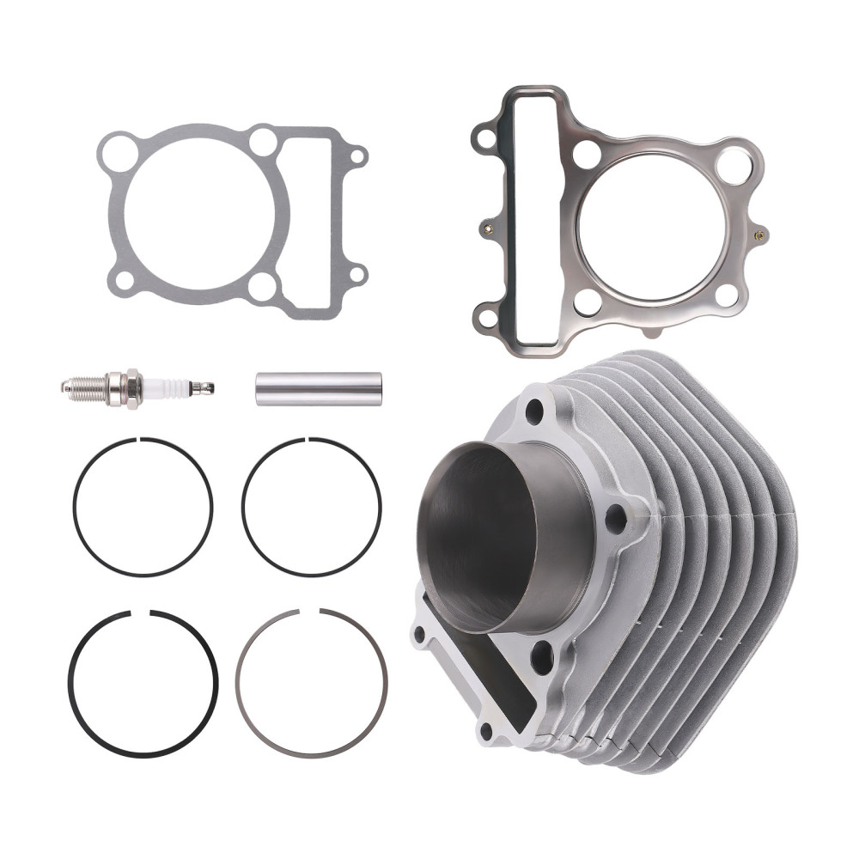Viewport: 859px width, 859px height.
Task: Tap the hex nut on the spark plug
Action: click(132, 387)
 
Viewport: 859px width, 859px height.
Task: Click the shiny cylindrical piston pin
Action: click(318, 387)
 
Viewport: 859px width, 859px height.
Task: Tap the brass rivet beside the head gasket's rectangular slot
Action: click(486, 228)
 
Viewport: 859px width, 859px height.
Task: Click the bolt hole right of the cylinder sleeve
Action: click(615, 518)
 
